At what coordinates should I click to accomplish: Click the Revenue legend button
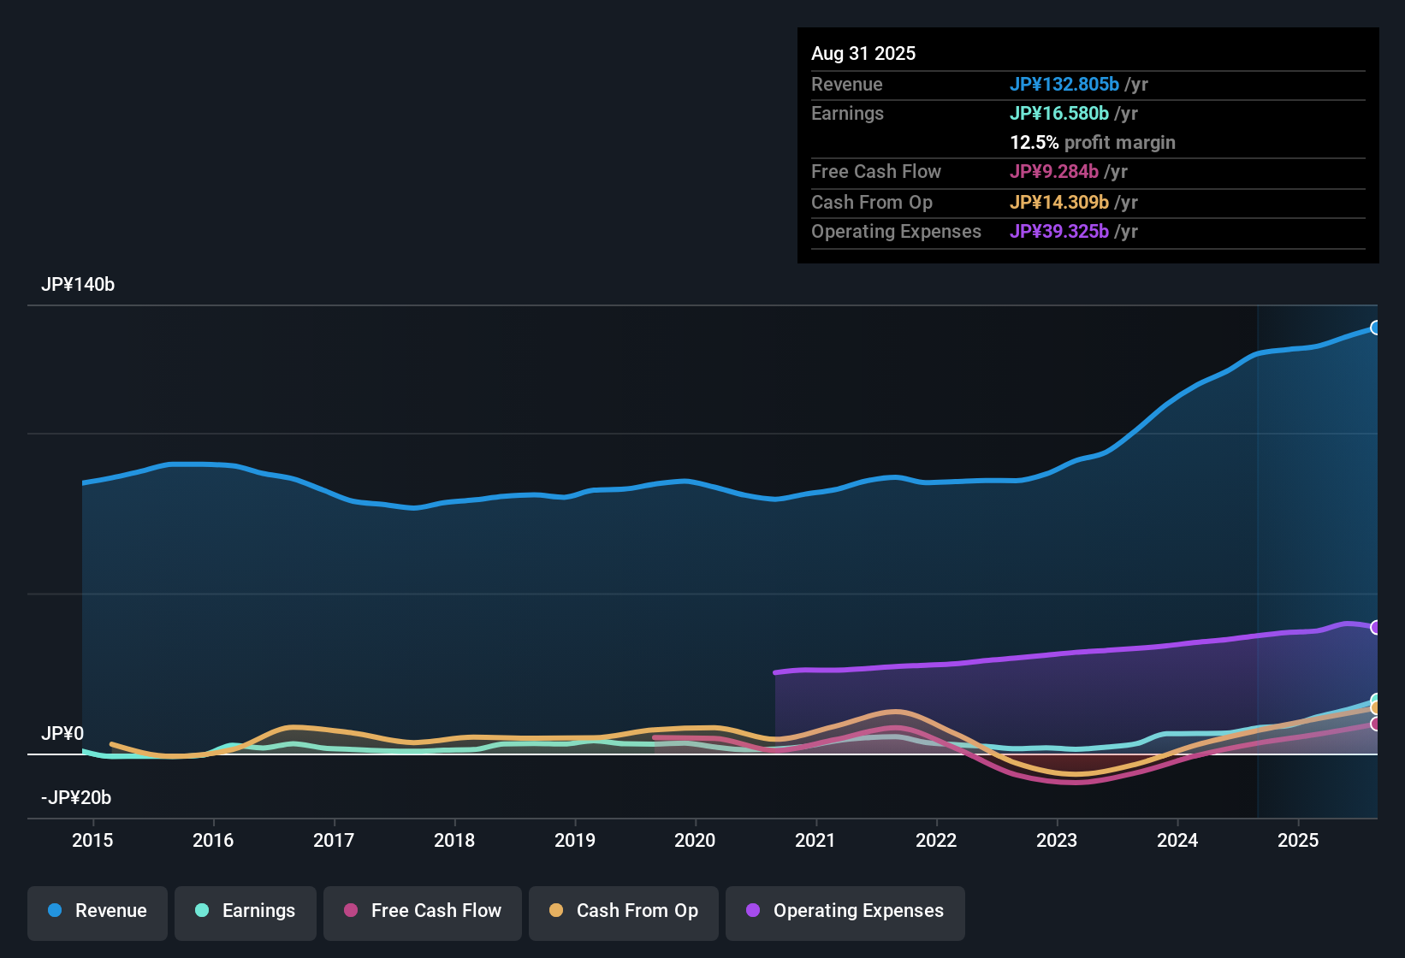(98, 911)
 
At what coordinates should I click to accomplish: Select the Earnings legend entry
(245, 911)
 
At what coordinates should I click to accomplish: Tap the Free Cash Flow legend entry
(423, 911)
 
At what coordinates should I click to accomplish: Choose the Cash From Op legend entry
(624, 911)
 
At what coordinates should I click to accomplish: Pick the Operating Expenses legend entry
(845, 911)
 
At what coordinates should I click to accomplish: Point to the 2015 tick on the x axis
(92, 840)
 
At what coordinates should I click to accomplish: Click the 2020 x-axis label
(695, 840)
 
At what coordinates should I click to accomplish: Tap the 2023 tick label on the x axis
(1057, 840)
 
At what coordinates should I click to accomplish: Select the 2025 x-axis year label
(1298, 840)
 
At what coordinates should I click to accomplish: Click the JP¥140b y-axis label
(78, 285)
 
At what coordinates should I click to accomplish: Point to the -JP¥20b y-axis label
(76, 798)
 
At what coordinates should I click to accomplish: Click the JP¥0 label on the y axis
(62, 734)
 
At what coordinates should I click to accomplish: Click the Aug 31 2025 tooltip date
(863, 54)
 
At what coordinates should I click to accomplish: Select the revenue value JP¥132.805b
(1064, 85)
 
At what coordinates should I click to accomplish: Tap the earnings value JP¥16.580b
(1058, 114)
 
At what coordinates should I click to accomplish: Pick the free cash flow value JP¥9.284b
(1053, 172)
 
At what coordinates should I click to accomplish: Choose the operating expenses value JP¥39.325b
(1058, 232)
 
